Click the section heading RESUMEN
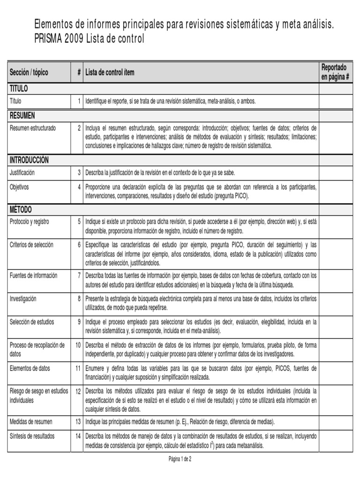pos(22,115)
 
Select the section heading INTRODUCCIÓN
pos(29,160)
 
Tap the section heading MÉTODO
pos(21,210)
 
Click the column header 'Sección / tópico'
pos(29,73)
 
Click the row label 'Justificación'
pos(22,172)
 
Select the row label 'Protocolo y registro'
pos(29,222)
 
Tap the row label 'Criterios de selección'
pos(31,245)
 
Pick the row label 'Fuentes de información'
pos(33,276)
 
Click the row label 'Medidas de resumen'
pos(31,421)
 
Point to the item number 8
pos(79,299)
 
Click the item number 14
pos(78,436)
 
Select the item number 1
pos(79,101)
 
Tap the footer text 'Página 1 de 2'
pos(180,459)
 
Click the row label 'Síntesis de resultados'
pos(32,436)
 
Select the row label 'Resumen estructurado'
pos(32,128)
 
